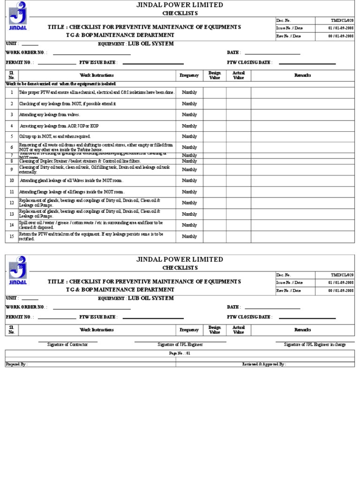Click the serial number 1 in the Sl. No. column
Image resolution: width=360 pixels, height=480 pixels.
(x=12, y=93)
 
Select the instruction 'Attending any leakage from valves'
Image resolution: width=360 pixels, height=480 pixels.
(x=50, y=115)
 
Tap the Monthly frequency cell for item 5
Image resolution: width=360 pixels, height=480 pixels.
(x=189, y=136)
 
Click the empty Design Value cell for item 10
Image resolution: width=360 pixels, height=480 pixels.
(x=214, y=180)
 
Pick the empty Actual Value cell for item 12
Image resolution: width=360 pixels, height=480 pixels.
(x=238, y=203)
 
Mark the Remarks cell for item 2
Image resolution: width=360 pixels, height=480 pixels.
(x=302, y=104)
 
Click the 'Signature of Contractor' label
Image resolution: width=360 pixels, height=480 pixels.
(x=67, y=345)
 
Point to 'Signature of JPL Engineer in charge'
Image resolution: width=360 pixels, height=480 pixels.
(x=315, y=345)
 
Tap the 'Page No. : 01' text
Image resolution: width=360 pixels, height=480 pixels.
(x=180, y=353)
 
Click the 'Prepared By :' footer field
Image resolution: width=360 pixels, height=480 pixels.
(x=17, y=364)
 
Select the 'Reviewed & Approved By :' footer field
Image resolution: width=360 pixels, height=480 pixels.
(x=264, y=364)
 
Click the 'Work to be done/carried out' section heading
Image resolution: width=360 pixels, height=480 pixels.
(x=61, y=83)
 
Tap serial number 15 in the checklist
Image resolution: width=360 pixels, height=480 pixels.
(x=12, y=237)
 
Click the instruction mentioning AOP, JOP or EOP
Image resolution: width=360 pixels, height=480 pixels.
(x=59, y=126)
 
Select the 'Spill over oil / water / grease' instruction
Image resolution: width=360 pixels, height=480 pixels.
(x=91, y=225)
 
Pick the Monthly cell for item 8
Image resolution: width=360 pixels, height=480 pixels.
(x=189, y=161)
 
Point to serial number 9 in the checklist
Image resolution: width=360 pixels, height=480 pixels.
(x=12, y=170)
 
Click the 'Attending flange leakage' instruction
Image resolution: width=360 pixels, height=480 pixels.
(x=72, y=192)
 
